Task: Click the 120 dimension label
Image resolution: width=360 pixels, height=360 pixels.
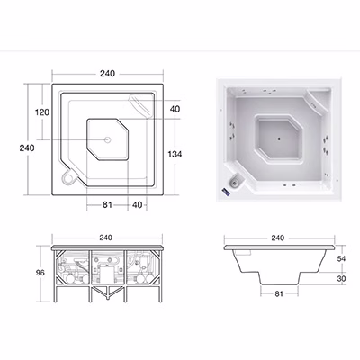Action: pos(42,112)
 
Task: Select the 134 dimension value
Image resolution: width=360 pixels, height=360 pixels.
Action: pos(175,154)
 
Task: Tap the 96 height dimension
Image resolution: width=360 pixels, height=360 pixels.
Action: pos(40,273)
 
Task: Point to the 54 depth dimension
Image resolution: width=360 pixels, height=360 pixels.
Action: pos(341,258)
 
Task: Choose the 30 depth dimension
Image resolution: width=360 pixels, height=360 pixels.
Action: pos(341,279)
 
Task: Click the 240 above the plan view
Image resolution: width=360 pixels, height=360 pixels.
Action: pos(107,74)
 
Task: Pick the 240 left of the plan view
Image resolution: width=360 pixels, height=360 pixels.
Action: pos(27,148)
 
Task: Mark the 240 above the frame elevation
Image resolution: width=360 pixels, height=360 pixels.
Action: pos(105,238)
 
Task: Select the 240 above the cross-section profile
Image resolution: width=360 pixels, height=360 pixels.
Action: pos(277,238)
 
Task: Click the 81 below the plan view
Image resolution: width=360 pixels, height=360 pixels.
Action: pos(107,205)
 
